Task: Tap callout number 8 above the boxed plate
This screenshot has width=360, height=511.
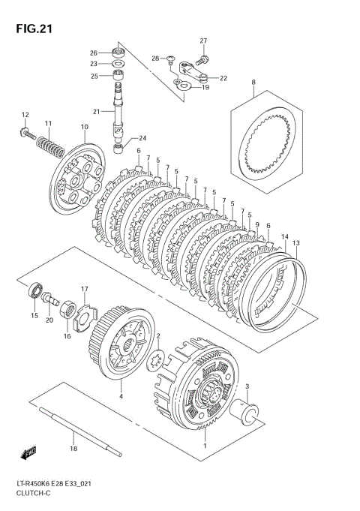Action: (x=253, y=82)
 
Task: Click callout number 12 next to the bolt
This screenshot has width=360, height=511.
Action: (x=24, y=115)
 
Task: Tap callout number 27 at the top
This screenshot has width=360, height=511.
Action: (x=202, y=41)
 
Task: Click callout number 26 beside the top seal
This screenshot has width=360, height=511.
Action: (x=94, y=53)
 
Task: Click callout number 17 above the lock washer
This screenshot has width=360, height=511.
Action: (x=85, y=288)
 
